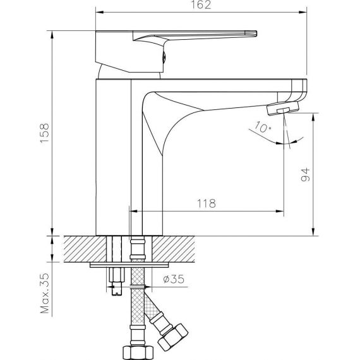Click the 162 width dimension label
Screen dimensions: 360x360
(201, 5)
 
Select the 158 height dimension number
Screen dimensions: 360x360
(45, 133)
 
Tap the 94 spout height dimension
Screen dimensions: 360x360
(305, 175)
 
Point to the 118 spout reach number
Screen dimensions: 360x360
(207, 203)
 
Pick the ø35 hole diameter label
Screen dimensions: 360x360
(174, 279)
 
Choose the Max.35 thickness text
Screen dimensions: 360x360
(45, 293)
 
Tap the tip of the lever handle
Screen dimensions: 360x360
(256, 33)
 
